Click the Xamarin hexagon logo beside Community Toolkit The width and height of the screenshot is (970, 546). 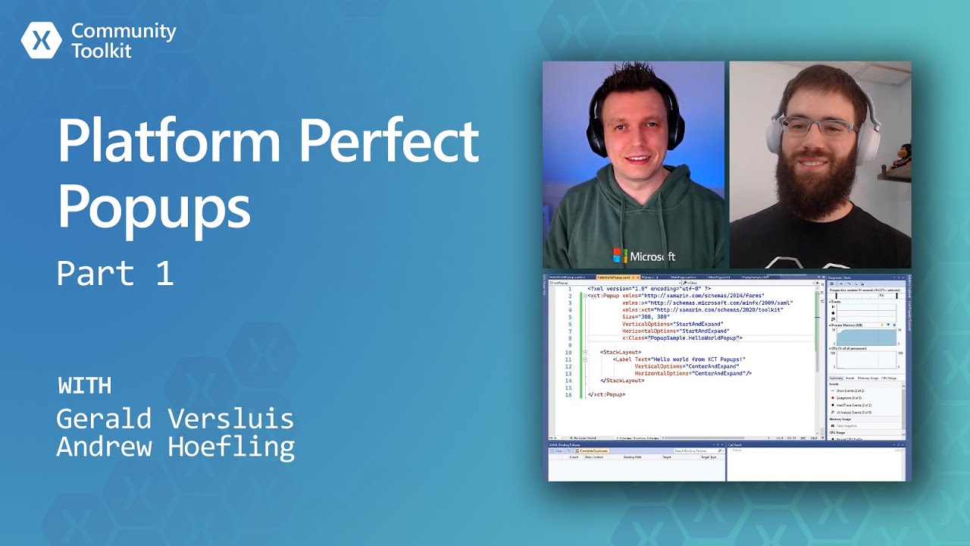click(x=41, y=40)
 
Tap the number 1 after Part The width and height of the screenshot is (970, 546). click(x=164, y=273)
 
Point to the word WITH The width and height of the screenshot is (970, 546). click(x=84, y=385)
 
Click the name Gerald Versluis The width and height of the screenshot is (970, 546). click(x=174, y=418)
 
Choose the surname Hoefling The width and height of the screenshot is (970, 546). click(x=230, y=447)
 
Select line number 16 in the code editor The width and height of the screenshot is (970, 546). click(x=568, y=395)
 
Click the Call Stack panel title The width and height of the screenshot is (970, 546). click(x=737, y=444)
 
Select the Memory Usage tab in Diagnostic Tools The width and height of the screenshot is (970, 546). click(x=868, y=378)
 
